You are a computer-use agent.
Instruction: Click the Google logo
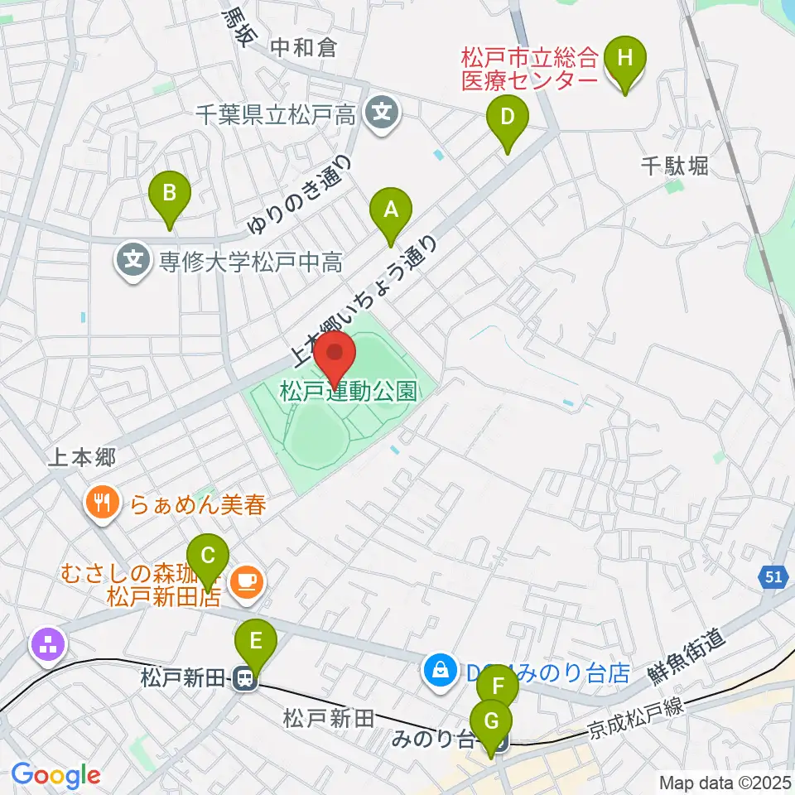(x=55, y=775)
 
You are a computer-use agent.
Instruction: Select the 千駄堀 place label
(x=674, y=166)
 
